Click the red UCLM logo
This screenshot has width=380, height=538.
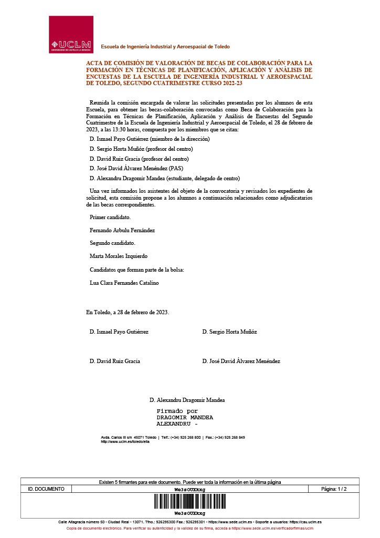click(70, 34)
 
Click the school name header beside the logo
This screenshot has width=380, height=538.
click(165, 47)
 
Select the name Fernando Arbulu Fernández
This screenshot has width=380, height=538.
click(122, 230)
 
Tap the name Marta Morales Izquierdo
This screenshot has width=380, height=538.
click(119, 256)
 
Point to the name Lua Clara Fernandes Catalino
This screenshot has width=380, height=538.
click(124, 283)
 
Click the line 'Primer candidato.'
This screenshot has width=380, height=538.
click(110, 217)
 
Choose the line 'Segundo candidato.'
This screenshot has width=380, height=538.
click(112, 243)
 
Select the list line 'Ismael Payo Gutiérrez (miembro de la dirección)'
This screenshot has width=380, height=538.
click(150, 139)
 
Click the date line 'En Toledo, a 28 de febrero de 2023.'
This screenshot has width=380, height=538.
click(128, 312)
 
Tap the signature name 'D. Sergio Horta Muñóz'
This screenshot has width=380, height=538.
click(229, 332)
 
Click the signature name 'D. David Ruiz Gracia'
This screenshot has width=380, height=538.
click(115, 361)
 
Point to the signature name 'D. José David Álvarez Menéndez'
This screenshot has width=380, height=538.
click(241, 361)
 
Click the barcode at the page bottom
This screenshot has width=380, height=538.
click(189, 502)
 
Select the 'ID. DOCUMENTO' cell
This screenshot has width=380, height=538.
click(46, 489)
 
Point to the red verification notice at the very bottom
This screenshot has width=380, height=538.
click(189, 528)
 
